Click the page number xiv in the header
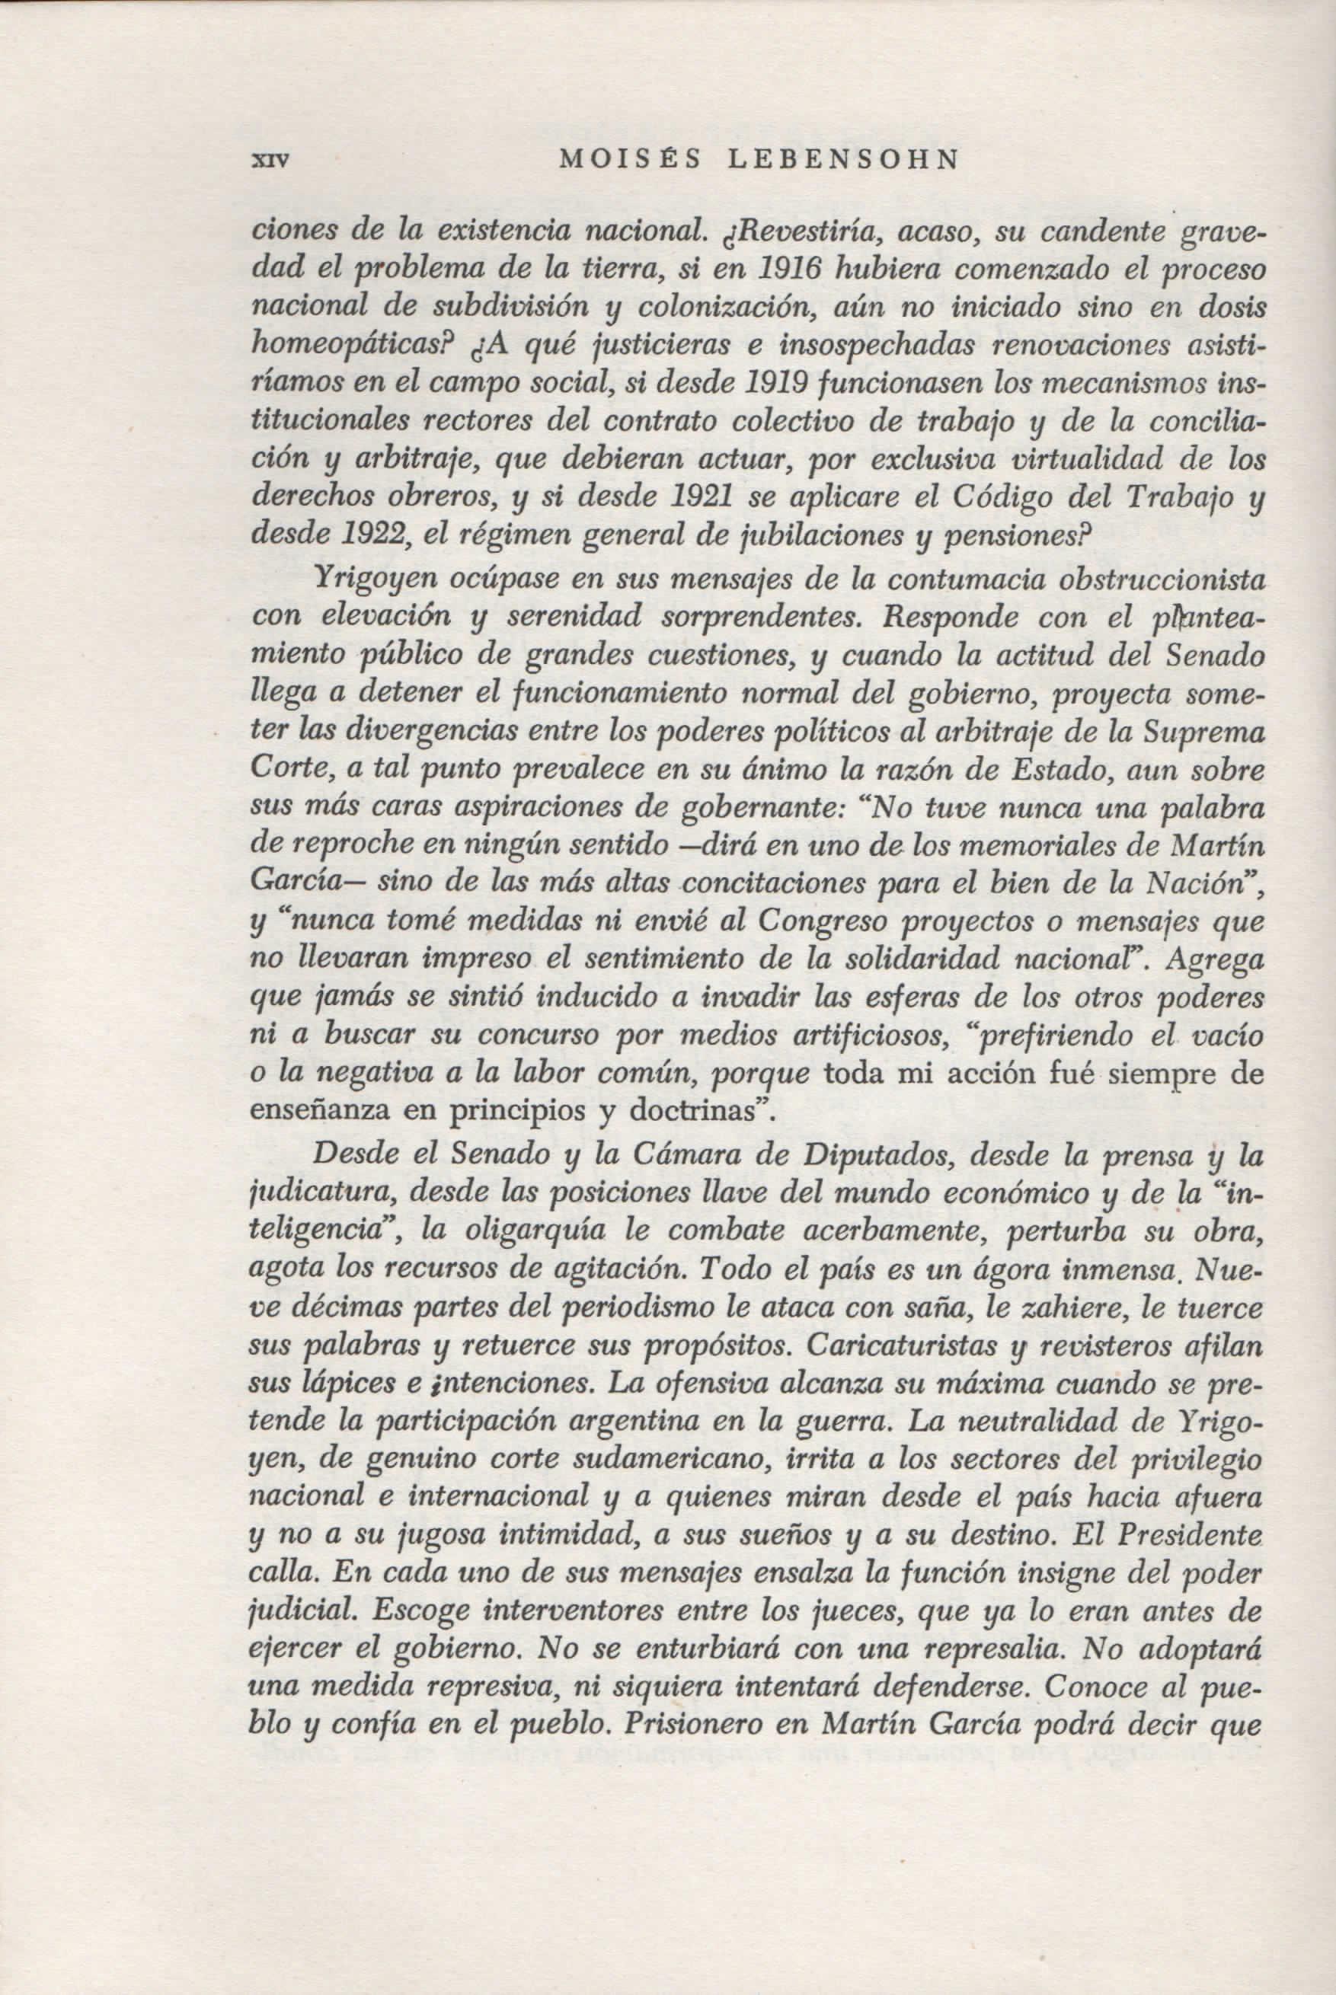coord(267,158)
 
